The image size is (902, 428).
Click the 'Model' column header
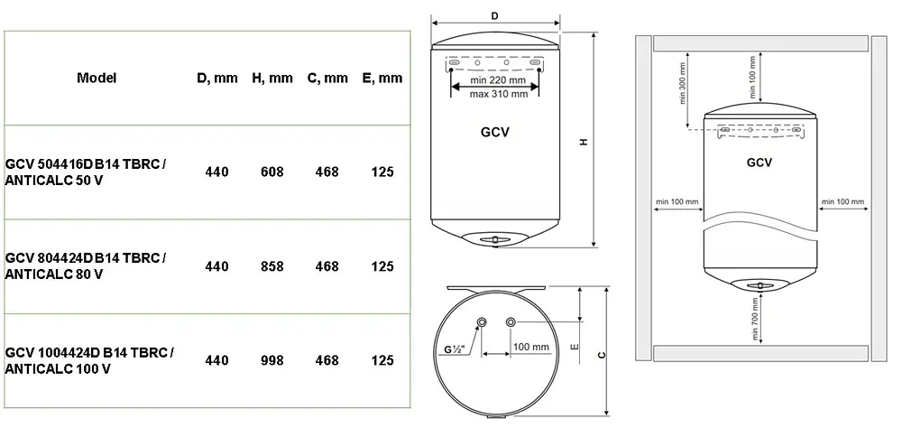(x=97, y=78)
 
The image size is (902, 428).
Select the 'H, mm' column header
(x=272, y=78)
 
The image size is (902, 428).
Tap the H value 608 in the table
(x=272, y=172)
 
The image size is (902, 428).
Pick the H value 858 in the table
(x=272, y=266)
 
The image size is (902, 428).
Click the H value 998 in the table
(x=272, y=360)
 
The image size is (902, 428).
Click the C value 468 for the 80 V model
(x=327, y=266)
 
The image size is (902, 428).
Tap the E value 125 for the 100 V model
(x=382, y=360)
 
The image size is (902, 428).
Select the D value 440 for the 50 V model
(x=216, y=172)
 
